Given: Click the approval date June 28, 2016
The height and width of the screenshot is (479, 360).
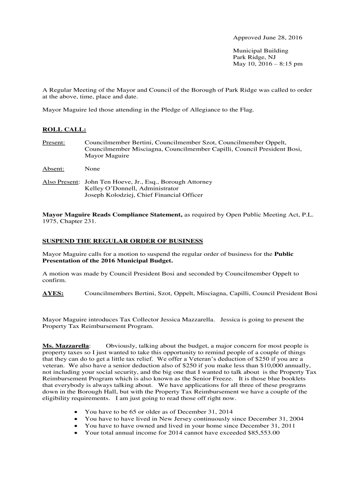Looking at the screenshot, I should [282, 37].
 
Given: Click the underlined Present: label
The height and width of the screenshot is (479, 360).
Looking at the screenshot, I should [54, 142].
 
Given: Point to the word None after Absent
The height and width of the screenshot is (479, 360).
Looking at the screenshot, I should [92, 168].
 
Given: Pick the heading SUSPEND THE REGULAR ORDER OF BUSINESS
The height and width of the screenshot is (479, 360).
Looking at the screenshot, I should [123, 241].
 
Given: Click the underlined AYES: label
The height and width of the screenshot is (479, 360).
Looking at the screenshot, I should [53, 293].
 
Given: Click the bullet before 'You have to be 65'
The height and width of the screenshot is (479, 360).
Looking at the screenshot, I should [77, 412].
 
